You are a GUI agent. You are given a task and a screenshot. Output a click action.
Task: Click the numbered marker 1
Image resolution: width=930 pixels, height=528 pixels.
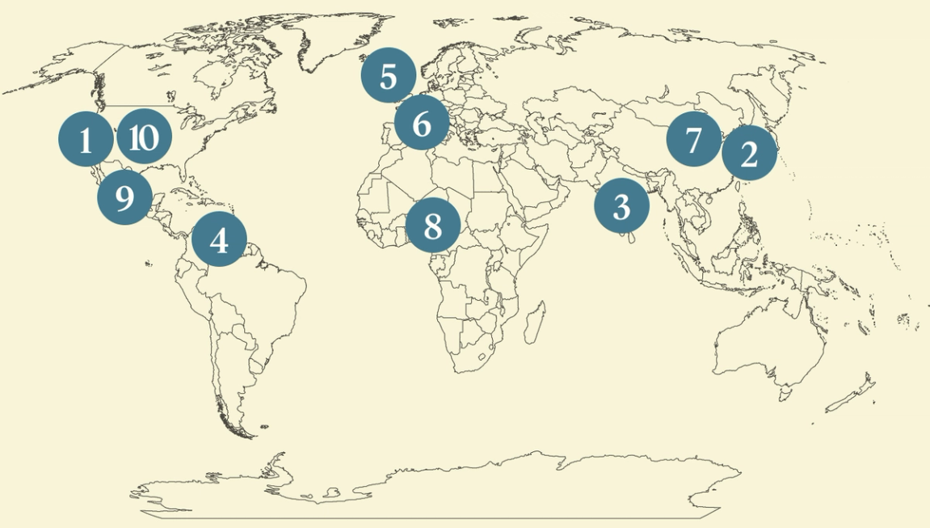(85, 140)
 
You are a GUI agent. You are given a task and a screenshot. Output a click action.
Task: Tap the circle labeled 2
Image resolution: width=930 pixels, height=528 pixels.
(749, 153)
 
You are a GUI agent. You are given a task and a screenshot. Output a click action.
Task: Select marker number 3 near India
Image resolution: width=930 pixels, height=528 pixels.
(621, 207)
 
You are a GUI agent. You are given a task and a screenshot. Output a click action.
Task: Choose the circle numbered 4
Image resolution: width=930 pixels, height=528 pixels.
(218, 239)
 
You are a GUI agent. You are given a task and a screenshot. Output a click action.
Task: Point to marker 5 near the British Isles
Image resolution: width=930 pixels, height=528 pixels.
(388, 77)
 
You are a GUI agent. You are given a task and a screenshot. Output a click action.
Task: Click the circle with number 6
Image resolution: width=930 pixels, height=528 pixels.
(422, 124)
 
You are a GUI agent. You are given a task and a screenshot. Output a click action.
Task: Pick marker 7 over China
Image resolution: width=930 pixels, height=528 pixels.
(693, 140)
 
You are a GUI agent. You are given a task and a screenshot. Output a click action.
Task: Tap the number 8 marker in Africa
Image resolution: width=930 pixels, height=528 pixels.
(432, 226)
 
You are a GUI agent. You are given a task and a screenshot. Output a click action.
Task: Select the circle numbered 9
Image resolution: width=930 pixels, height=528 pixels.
(124, 196)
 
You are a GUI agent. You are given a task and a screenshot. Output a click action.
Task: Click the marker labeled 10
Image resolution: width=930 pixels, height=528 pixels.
(144, 138)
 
